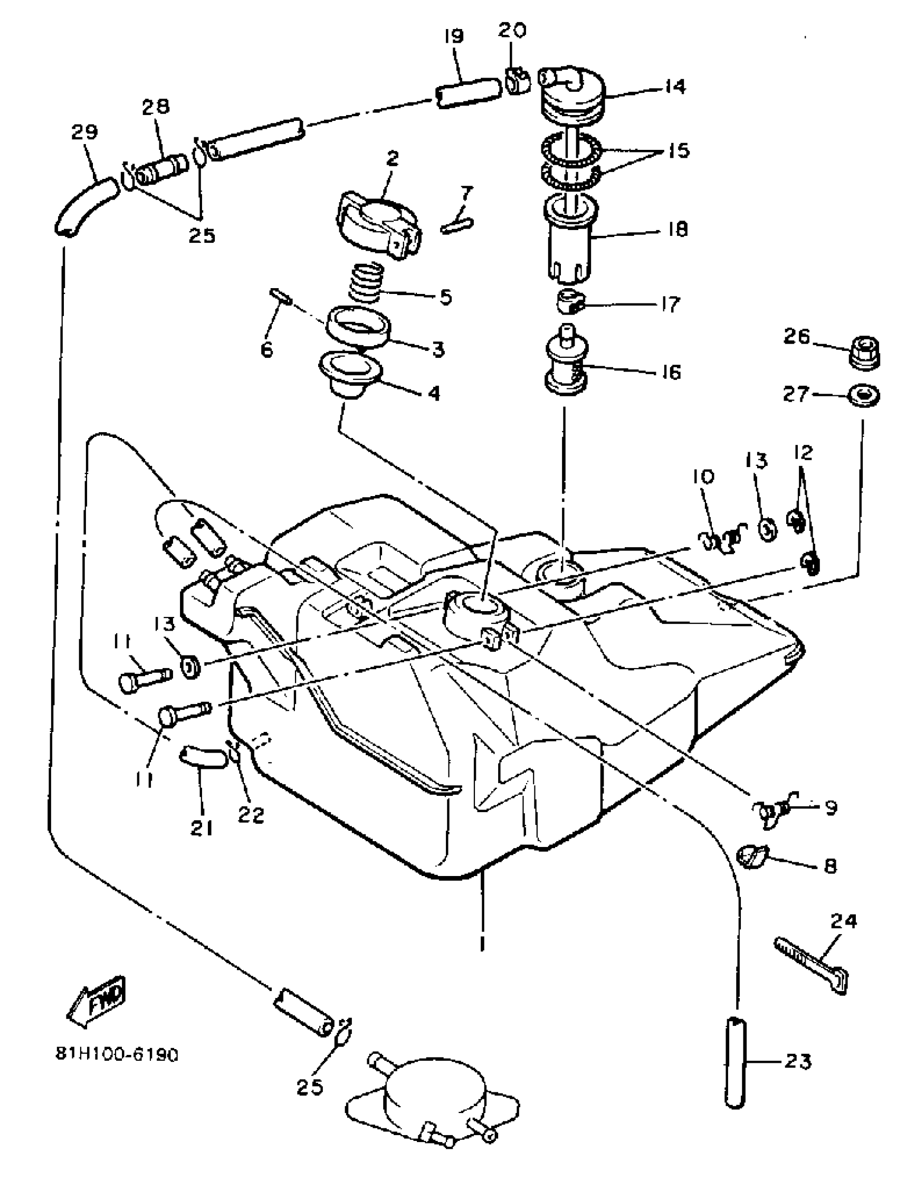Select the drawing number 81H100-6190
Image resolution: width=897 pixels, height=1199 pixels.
[x=117, y=1054]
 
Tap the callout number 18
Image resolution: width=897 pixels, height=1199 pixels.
[x=677, y=229]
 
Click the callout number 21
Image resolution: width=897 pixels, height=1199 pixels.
[x=201, y=827]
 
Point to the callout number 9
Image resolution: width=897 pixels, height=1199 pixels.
[x=830, y=808]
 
